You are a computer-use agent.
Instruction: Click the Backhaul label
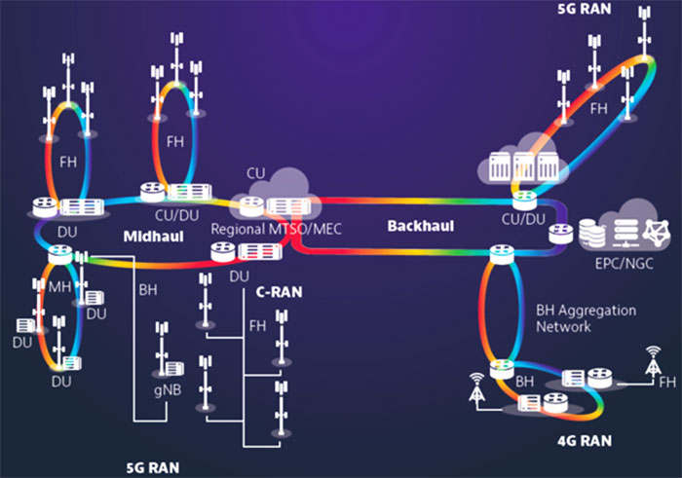click(419, 225)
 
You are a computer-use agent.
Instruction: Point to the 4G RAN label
click(585, 441)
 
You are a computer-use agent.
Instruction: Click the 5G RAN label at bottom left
click(155, 466)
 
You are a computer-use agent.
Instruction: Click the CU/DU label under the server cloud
click(525, 220)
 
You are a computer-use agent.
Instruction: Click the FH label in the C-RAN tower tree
click(257, 325)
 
